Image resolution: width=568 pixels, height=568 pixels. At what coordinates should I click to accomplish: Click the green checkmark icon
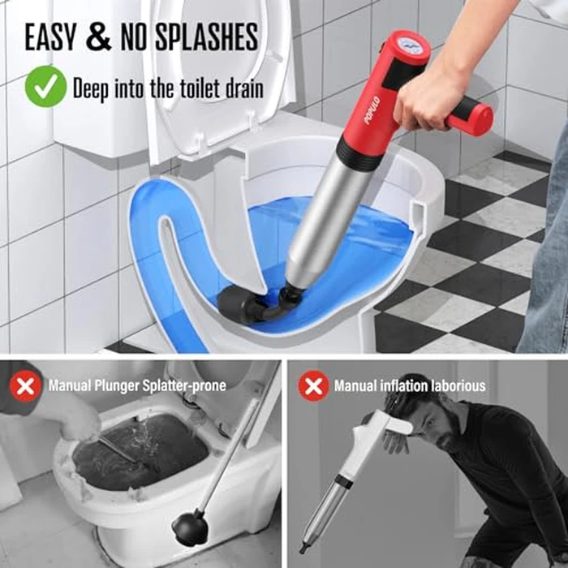(x=45, y=87)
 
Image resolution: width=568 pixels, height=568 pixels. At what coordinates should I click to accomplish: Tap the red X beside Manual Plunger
(x=25, y=385)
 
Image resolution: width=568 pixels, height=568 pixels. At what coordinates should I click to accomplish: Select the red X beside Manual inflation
(x=312, y=385)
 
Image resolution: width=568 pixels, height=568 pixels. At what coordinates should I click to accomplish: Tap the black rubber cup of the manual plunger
(x=188, y=528)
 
